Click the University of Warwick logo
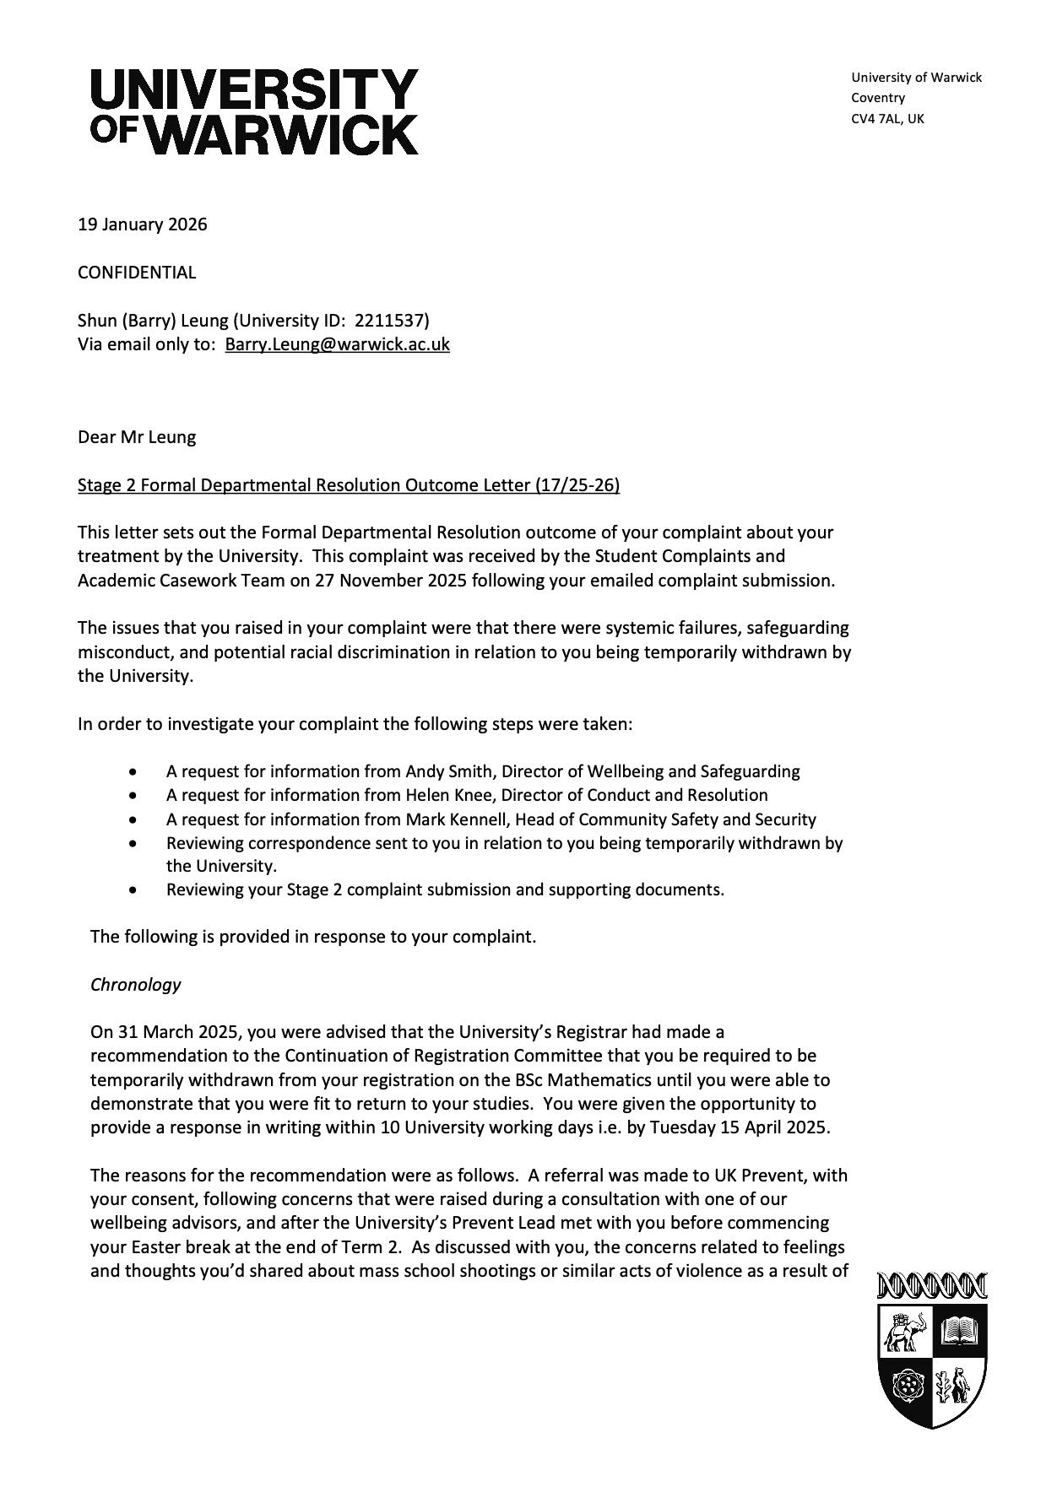(x=254, y=111)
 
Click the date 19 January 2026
(x=142, y=224)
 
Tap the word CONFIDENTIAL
(x=137, y=273)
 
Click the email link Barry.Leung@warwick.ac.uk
(x=337, y=344)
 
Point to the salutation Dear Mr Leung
(x=137, y=437)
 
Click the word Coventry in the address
(x=878, y=98)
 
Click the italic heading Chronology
(x=136, y=985)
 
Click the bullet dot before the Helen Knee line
(x=133, y=796)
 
